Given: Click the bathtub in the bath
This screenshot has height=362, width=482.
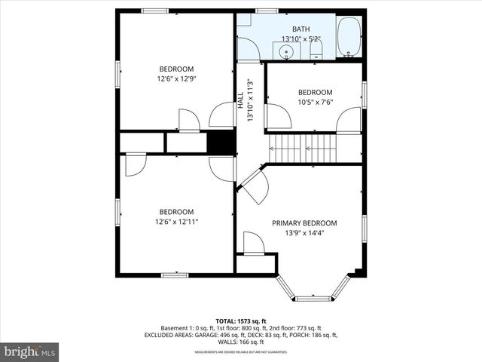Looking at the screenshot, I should pos(349,37).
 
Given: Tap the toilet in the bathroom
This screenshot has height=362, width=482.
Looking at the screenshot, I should pos(316,50).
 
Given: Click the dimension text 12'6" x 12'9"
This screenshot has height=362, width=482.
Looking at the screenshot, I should pos(175,78).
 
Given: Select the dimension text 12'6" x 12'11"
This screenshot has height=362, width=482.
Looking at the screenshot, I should pos(175,222).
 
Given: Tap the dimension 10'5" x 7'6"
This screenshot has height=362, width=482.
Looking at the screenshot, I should pos(315,102).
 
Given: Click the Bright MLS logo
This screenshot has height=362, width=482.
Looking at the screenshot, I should pos(30,351).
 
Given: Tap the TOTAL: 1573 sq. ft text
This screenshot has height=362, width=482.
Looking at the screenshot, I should pos(241,321).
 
